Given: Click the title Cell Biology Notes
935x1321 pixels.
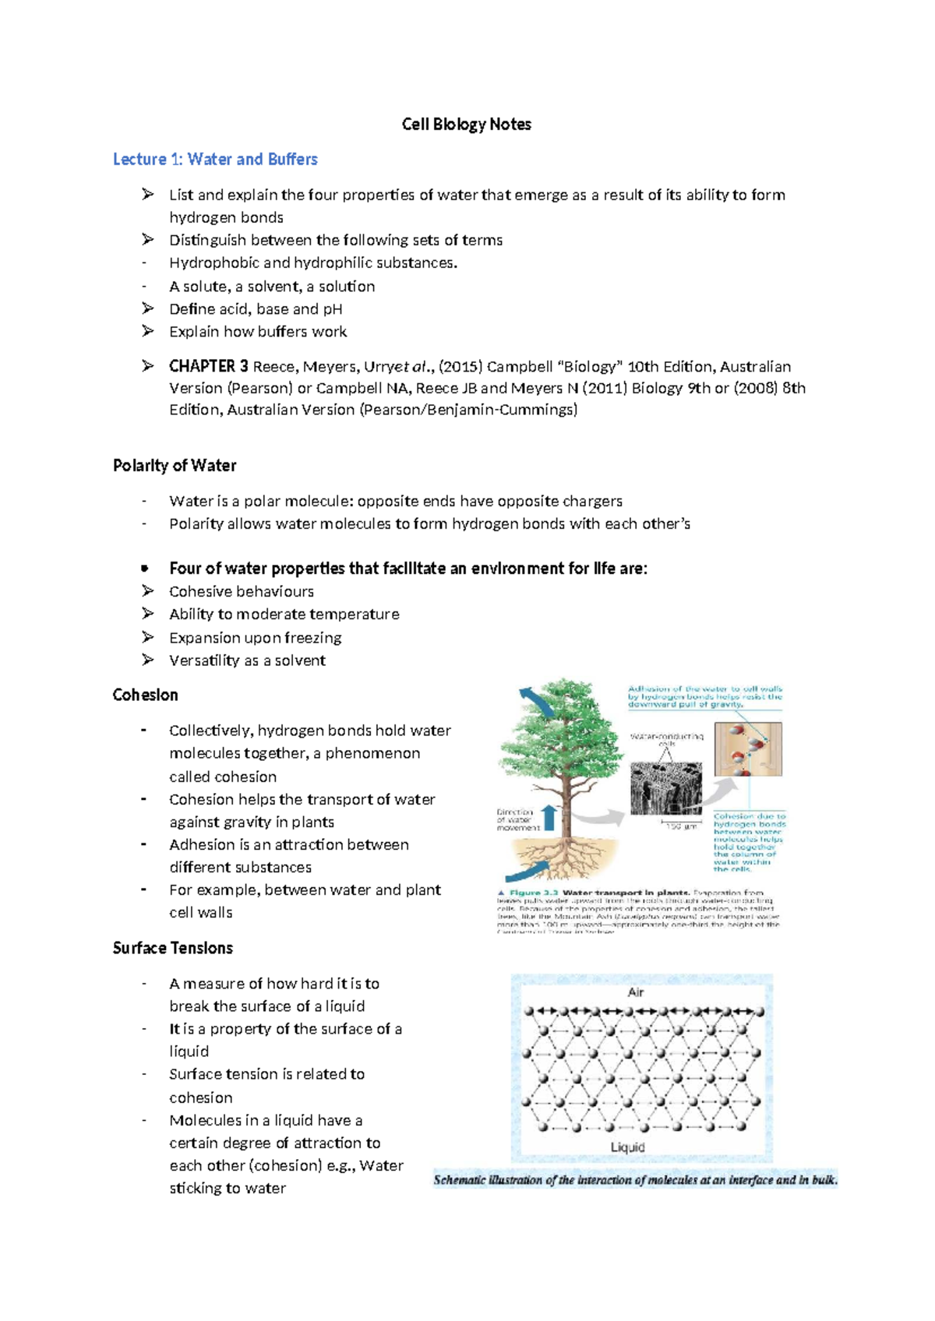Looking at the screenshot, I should point(466,125).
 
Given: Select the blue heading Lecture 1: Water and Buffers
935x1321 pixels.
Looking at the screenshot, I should point(215,160).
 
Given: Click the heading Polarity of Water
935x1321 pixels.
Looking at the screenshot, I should point(174,466).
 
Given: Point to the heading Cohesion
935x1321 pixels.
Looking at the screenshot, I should point(145,695).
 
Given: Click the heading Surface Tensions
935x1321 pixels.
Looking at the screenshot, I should point(172,948).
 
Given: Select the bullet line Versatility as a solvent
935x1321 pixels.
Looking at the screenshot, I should point(247,660).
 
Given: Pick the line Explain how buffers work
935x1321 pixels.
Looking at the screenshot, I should point(258,332).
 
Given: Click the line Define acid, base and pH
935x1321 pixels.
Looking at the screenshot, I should point(256,309).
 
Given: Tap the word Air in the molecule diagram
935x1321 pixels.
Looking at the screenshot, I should point(636,992).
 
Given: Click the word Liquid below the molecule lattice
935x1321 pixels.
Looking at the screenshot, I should point(627,1147).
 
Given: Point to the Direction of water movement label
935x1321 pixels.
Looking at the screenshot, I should point(516,819).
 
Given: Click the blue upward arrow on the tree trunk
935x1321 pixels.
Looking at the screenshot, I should point(549,817).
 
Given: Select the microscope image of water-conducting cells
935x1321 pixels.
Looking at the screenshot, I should point(665,787).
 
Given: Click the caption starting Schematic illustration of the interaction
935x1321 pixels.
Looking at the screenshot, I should point(635,1180).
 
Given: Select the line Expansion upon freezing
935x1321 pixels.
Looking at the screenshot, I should point(255,638).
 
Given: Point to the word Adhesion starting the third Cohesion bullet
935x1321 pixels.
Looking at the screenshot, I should point(198,845).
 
